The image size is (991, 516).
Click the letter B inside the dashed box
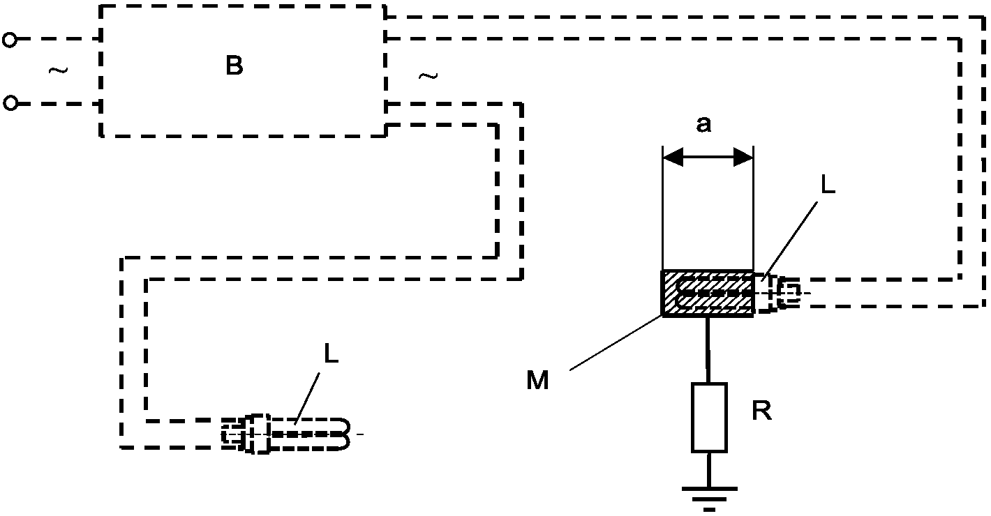[234, 66]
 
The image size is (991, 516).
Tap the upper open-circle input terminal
[9, 40]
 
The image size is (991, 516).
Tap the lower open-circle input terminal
[10, 103]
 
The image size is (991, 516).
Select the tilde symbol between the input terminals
[59, 70]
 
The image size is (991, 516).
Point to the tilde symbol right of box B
[429, 77]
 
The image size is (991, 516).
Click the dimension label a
[703, 124]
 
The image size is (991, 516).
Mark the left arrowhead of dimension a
[673, 157]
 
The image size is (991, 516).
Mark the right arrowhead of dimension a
[743, 157]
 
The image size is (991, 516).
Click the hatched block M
[707, 294]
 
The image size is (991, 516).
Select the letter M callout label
[537, 380]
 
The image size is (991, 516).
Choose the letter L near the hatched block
[828, 185]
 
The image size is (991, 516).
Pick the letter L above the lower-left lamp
[331, 354]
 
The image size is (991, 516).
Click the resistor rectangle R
[709, 418]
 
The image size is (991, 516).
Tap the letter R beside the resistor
[761, 411]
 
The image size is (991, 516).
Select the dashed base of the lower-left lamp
[246, 434]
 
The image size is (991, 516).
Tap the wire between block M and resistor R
[708, 350]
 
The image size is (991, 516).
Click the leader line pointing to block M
[616, 342]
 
